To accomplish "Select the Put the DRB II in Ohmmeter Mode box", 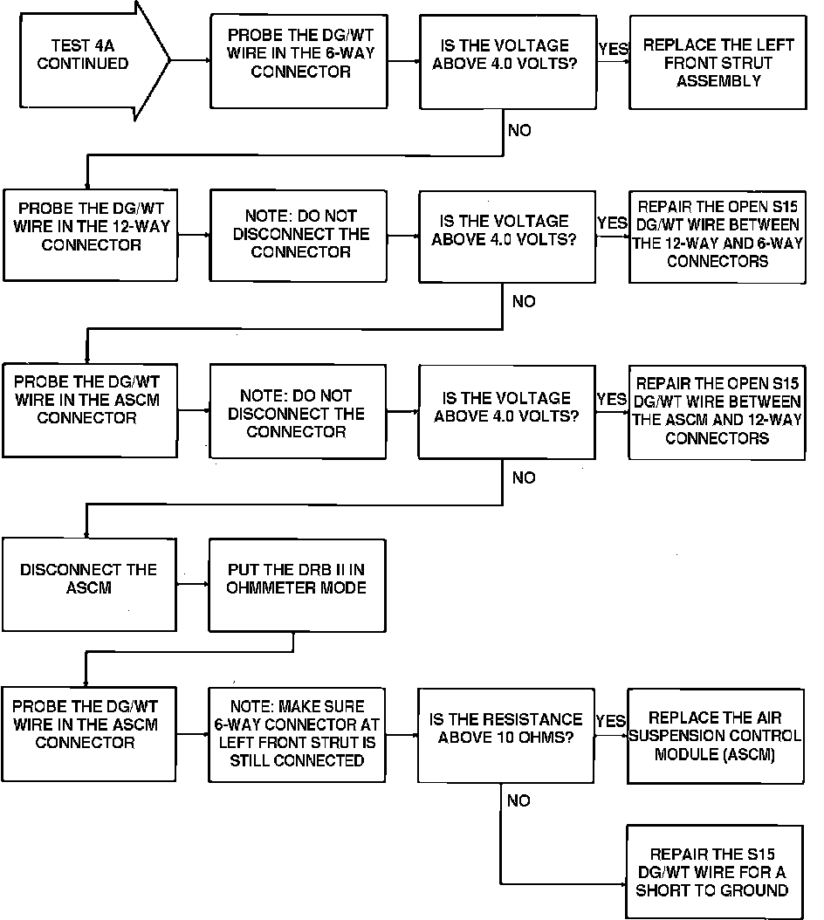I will (296, 584).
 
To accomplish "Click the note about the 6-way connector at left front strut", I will (297, 733).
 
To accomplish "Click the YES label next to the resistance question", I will (611, 722).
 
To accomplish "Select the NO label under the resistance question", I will (518, 800).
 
